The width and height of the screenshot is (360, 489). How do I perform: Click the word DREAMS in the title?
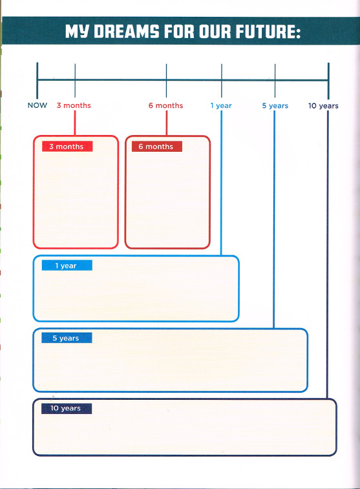point(126,32)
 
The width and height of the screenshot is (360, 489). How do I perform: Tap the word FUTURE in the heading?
point(268,32)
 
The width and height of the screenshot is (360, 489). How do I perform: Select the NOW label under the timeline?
point(37,105)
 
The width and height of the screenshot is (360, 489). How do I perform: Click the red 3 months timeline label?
point(74,105)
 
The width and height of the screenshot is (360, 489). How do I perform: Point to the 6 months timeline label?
point(165,105)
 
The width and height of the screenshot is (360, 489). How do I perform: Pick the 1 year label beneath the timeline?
point(221,106)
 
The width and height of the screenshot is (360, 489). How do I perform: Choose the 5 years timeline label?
point(275,106)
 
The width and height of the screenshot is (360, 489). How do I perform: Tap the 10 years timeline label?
point(323,106)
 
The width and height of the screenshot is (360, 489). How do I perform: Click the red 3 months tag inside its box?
point(67,147)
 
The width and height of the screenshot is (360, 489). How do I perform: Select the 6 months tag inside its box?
point(157,147)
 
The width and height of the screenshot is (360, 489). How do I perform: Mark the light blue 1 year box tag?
point(67,265)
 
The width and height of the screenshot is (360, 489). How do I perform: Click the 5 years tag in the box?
point(67,338)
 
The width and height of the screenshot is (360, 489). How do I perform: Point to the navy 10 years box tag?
point(67,408)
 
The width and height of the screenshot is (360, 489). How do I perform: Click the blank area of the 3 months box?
point(76,200)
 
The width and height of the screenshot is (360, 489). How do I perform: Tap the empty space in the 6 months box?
point(167,200)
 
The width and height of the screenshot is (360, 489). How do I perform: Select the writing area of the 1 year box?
point(136,295)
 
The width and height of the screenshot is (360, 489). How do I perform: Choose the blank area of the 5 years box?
point(171,366)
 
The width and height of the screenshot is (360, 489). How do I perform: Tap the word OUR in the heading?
point(215,32)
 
